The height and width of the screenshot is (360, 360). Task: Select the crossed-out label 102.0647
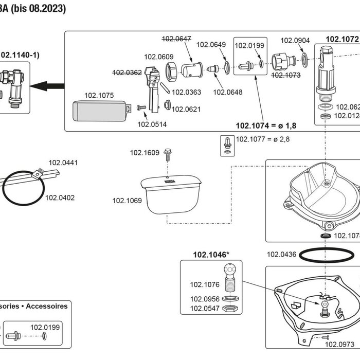pyautogui.click(x=176, y=38)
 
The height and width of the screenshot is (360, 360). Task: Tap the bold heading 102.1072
pyautogui.click(x=341, y=39)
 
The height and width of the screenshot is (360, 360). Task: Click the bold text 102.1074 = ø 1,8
pyautogui.click(x=266, y=125)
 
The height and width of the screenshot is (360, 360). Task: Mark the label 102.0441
pyautogui.click(x=63, y=163)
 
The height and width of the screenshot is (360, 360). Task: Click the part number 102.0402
pyautogui.click(x=60, y=197)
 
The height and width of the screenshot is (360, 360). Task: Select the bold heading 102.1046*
pyautogui.click(x=211, y=254)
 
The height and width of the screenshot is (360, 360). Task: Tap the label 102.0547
pyautogui.click(x=205, y=309)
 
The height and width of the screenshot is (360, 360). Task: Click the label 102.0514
pyautogui.click(x=152, y=124)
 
